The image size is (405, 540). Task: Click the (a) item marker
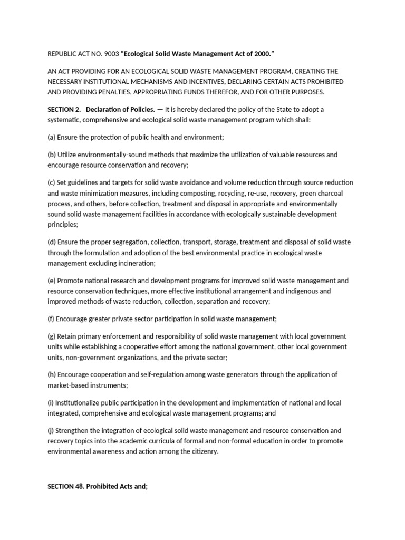[52, 137]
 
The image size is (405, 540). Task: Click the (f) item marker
[51, 319]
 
